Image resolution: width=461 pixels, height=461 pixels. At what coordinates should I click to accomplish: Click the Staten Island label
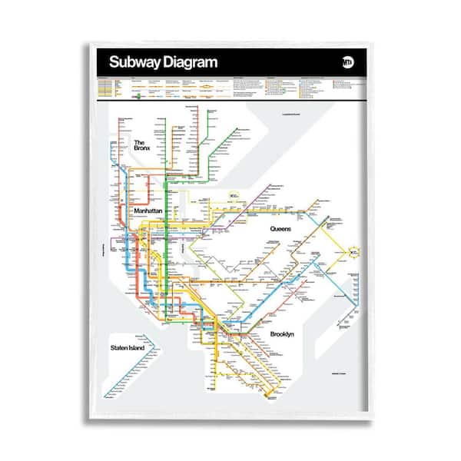[x=127, y=348]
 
